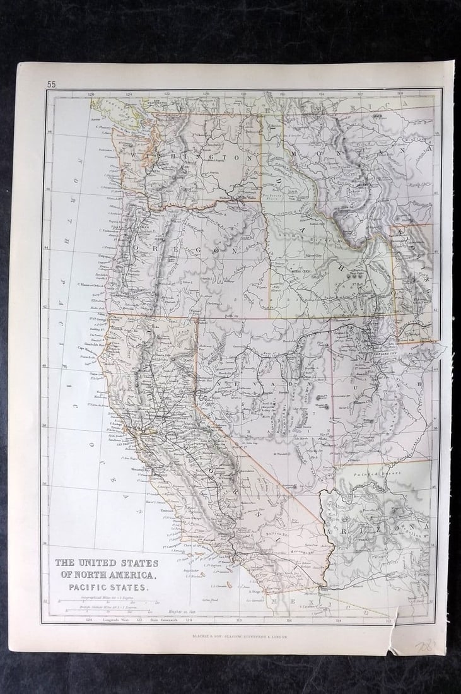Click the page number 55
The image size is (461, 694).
pyautogui.click(x=51, y=84)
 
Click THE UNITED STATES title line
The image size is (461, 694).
pyautogui.click(x=107, y=563)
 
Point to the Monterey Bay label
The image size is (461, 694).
pyautogui.click(x=143, y=470)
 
